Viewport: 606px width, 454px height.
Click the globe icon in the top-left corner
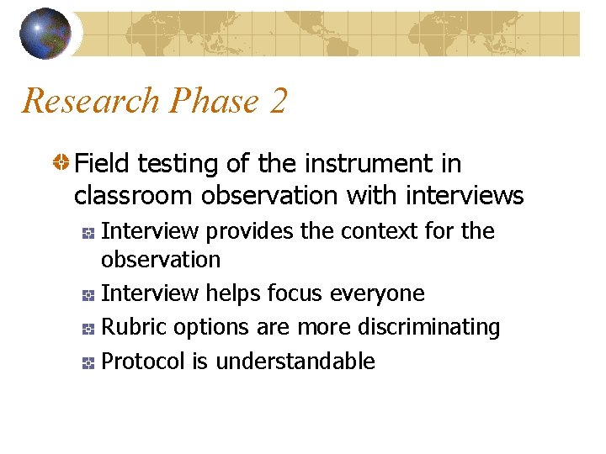[x=45, y=34]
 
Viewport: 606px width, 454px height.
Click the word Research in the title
[x=90, y=101]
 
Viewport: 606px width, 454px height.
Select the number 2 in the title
[x=279, y=101]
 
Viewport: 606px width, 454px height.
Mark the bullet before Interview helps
[x=88, y=294]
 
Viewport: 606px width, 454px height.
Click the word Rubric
[x=130, y=327]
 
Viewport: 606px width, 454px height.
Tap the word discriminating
[x=428, y=327]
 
